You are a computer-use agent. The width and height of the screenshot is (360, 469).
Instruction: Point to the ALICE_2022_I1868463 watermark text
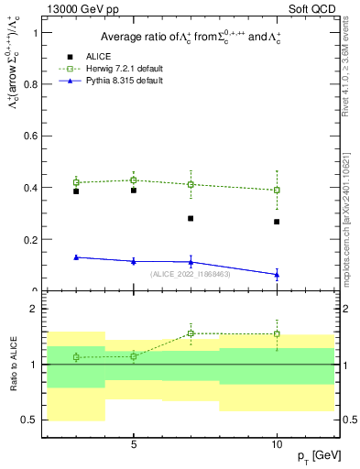[191, 273]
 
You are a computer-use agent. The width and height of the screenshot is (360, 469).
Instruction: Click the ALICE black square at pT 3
[76, 191]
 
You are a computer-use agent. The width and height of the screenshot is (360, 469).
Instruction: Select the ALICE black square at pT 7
[191, 218]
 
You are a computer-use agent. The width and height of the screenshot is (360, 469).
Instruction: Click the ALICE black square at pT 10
[277, 222]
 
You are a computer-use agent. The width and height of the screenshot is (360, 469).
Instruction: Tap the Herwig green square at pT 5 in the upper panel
[134, 180]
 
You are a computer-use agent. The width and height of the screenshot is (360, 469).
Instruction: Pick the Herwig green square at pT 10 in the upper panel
[277, 191]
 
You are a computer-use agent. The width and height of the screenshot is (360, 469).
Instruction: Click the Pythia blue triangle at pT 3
[76, 257]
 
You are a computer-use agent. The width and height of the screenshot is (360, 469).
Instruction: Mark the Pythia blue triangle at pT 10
[277, 275]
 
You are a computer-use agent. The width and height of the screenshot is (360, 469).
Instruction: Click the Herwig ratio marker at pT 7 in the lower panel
[191, 333]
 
